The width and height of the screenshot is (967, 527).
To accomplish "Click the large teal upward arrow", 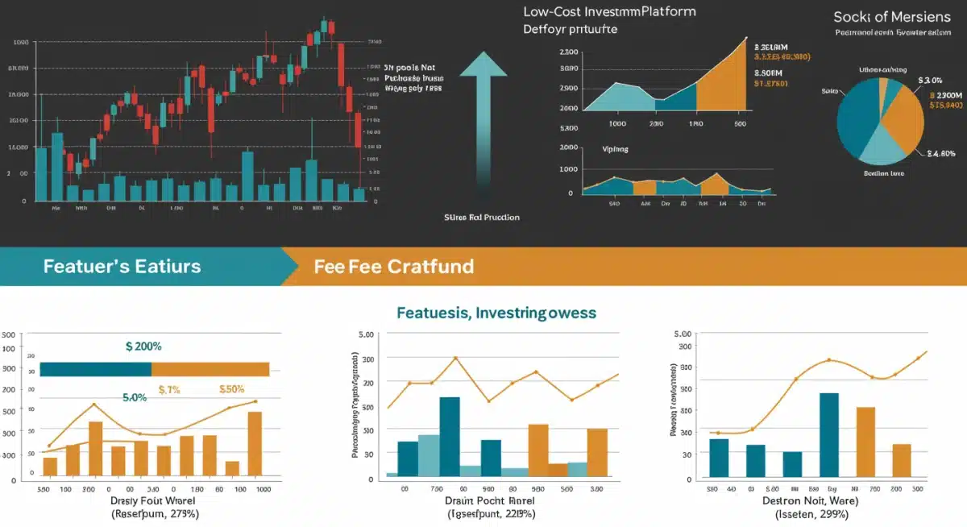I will click(x=483, y=113).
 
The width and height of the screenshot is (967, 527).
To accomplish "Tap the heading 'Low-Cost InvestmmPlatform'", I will click(x=609, y=12).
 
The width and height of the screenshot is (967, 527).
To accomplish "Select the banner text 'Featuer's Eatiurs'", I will click(x=122, y=266).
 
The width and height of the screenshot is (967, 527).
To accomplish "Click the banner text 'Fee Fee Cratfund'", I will click(x=394, y=266).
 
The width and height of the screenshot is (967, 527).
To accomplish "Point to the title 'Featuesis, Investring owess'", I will click(x=496, y=312).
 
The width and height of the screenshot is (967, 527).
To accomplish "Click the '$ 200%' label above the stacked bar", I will click(x=143, y=346).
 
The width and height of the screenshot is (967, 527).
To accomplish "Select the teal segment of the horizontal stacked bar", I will click(x=95, y=369).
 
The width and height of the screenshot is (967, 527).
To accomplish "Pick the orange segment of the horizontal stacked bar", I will click(x=210, y=369).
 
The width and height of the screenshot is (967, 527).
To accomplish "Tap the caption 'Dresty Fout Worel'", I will click(x=154, y=500).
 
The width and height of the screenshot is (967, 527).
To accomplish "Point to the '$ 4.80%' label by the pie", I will click(x=941, y=153).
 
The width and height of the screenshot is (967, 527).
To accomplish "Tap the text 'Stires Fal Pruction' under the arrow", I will click(x=482, y=218).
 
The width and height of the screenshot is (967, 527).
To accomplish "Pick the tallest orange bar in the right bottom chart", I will click(x=865, y=442).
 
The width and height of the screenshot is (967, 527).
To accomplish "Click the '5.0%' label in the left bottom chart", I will click(x=135, y=397).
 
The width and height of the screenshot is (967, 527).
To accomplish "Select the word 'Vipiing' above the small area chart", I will click(x=615, y=149).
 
